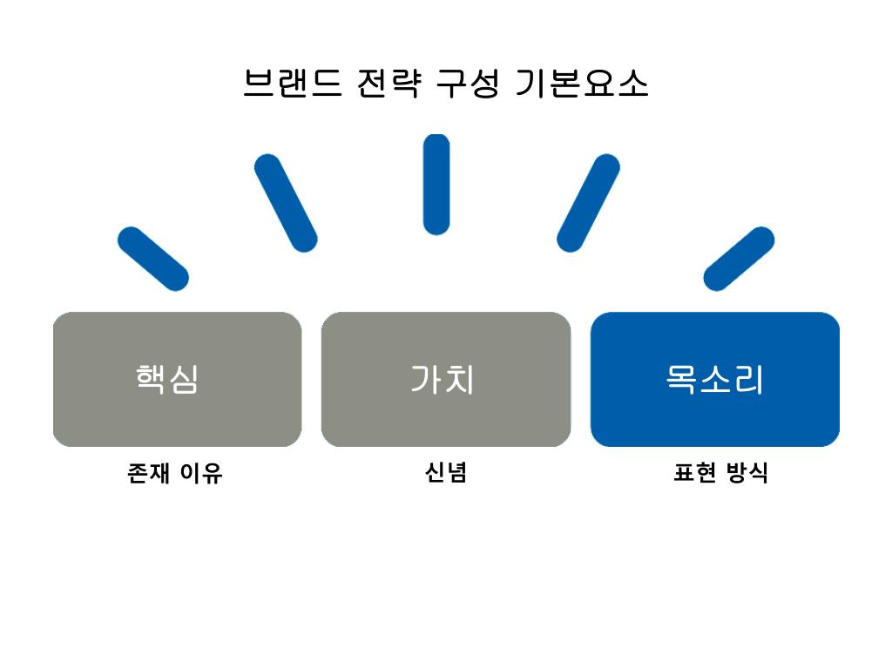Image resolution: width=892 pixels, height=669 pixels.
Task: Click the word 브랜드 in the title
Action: coord(293,84)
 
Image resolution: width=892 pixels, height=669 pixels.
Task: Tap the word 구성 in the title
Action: coord(469,84)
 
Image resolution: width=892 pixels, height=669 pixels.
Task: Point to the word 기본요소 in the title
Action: coord(582,84)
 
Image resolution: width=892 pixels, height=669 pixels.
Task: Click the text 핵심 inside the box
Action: coord(167,379)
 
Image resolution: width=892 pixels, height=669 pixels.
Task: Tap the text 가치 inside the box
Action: coord(443,379)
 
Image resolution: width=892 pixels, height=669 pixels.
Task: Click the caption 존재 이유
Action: coord(175,473)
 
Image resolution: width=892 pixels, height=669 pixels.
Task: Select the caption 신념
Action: coord(446,473)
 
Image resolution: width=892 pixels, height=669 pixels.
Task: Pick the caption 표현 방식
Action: coord(720,473)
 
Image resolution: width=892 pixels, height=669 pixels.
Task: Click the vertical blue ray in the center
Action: coord(436,184)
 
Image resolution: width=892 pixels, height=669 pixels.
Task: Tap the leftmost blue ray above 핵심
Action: coord(152,259)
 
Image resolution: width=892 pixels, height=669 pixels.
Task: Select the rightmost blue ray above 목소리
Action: coord(739,259)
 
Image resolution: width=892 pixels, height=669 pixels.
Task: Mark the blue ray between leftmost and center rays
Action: coord(286,203)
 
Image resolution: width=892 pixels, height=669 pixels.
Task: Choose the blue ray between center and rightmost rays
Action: coord(588,203)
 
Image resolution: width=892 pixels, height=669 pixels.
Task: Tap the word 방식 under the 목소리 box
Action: coord(747,473)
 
